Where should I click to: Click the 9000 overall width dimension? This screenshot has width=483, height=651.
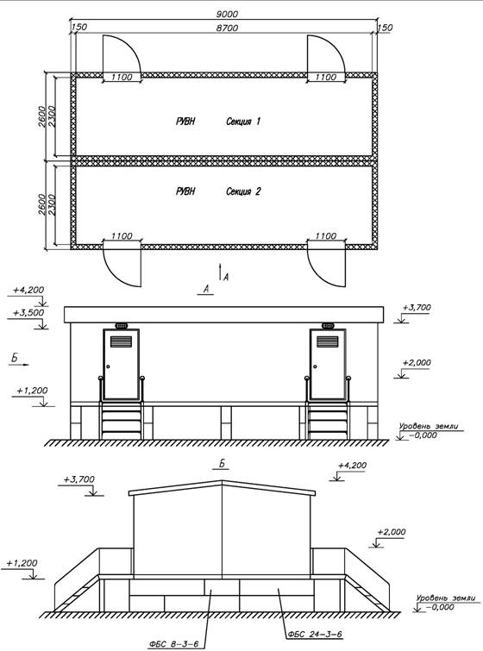coord(227,14)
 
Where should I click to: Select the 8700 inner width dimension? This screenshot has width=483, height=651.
coord(227,28)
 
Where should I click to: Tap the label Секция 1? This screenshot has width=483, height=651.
coord(243,122)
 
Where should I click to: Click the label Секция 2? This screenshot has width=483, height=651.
coord(243,191)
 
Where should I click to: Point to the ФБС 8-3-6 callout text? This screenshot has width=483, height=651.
coord(173,644)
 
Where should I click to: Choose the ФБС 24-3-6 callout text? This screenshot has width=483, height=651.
coord(315,634)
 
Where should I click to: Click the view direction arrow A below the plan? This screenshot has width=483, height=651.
coord(220,272)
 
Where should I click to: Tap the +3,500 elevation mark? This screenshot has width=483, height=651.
coord(28,313)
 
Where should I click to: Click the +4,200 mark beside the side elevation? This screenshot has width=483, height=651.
coord(352,466)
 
